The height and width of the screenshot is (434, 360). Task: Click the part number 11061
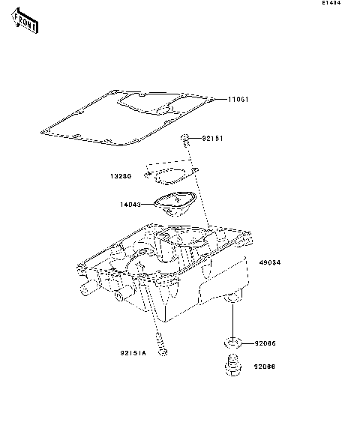tap(238, 100)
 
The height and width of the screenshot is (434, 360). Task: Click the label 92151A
tap(133, 352)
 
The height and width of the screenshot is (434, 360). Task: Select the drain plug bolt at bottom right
tap(231, 367)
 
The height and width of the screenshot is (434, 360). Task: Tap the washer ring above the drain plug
tap(232, 343)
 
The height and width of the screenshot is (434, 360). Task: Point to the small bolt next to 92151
tap(184, 139)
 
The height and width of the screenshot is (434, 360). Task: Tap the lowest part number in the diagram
tap(264, 367)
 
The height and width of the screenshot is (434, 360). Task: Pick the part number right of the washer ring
tap(264, 343)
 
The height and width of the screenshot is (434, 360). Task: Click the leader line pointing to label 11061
tap(221, 100)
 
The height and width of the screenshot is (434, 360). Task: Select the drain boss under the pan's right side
tap(232, 299)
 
